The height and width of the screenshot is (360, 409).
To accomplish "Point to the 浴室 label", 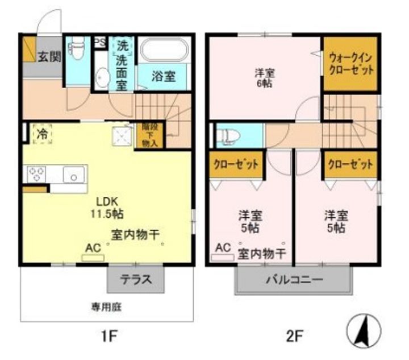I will point(164,77).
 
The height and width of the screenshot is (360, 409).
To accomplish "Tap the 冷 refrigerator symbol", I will point(41,135).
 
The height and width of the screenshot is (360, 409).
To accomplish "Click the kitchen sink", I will point(74,175).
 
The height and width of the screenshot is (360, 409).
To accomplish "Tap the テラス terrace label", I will point(136,279).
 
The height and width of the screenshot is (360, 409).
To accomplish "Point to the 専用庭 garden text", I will point(107,307).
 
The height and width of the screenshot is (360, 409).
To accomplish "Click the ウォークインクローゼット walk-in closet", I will point(350,64).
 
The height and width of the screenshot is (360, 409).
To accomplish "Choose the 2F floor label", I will point(293,336).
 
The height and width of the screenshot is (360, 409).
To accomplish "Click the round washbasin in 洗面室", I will point(103,78).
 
